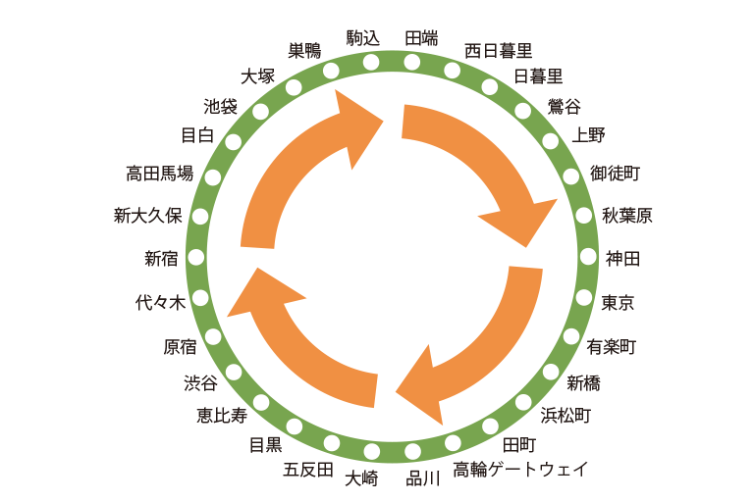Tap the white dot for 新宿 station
[x=196, y=258]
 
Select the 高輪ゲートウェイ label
[x=520, y=470]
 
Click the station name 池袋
[x=220, y=106]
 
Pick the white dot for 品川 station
[x=413, y=452]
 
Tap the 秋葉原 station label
[x=627, y=217]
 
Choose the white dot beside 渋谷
[x=234, y=372]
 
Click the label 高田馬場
[x=159, y=175]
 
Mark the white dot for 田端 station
[x=412, y=62]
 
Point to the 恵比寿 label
[x=222, y=416]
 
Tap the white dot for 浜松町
[x=523, y=401]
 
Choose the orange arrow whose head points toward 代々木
[x=295, y=343]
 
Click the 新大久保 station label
[x=147, y=217]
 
